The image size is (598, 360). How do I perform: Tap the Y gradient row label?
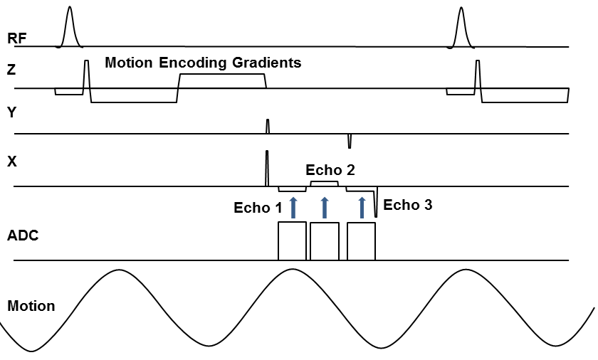(11, 112)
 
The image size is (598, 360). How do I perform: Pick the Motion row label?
(31, 307)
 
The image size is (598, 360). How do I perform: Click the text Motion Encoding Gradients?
(203, 63)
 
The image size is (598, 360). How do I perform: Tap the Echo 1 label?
(258, 208)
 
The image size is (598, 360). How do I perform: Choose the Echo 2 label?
(330, 170)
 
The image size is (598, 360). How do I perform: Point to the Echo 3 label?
(407, 205)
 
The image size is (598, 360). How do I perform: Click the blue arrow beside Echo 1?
(292, 207)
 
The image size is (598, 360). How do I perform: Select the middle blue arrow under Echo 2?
(325, 207)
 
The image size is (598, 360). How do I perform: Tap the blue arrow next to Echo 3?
(362, 207)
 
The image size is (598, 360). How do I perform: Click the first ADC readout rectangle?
(292, 241)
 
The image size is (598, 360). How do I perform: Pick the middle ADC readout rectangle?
(325, 241)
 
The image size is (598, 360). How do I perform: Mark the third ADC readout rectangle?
(361, 241)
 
